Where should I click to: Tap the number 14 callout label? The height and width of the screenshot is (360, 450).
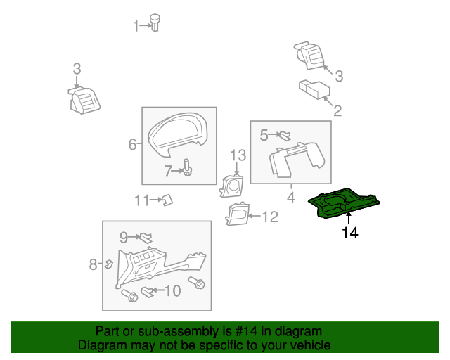click(349, 233)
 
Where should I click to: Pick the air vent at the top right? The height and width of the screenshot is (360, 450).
click(309, 56)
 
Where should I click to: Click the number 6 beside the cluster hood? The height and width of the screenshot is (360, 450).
click(132, 145)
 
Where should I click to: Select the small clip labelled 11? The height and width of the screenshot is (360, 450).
click(167, 201)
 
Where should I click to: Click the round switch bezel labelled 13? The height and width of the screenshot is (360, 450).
click(231, 186)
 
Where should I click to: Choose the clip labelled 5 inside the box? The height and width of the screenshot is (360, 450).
click(285, 135)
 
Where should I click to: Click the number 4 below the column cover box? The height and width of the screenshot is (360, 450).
click(290, 198)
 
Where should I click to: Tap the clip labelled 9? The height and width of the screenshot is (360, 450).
click(146, 238)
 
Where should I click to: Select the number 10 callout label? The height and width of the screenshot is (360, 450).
click(172, 290)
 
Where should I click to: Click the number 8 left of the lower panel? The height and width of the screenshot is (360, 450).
click(93, 264)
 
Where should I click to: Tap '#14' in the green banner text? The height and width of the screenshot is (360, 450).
click(229, 331)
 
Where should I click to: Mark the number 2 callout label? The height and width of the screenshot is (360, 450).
click(337, 111)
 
